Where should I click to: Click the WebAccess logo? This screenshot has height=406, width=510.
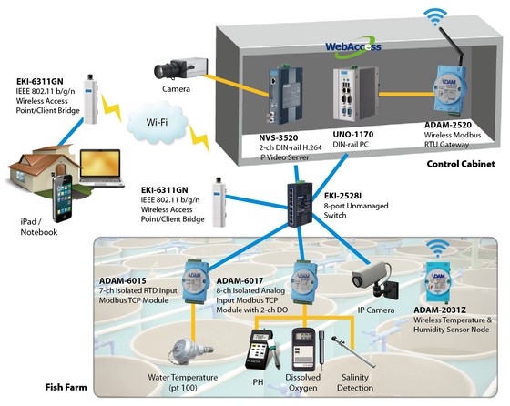click(x=353, y=47)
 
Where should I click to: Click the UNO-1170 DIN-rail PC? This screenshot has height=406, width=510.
click(x=355, y=93)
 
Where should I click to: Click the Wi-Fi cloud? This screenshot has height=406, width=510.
click(x=158, y=122)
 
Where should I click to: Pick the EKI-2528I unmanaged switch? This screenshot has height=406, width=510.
click(x=300, y=204)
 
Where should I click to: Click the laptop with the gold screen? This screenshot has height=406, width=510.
click(x=101, y=168)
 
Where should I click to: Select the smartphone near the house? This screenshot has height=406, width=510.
click(x=63, y=198)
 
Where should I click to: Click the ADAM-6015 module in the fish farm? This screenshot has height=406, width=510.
click(x=196, y=281)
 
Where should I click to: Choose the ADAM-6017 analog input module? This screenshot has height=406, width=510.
click(x=305, y=281)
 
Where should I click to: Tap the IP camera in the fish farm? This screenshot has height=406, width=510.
click(x=375, y=279)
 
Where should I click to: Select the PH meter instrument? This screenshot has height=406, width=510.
click(x=262, y=350)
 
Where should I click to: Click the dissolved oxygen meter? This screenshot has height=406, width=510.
click(x=303, y=350)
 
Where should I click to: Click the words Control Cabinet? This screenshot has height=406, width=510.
click(x=461, y=164)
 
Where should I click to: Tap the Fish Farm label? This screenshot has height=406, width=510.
click(x=66, y=387)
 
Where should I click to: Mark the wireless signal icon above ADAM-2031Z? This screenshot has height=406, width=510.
click(x=438, y=249)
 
